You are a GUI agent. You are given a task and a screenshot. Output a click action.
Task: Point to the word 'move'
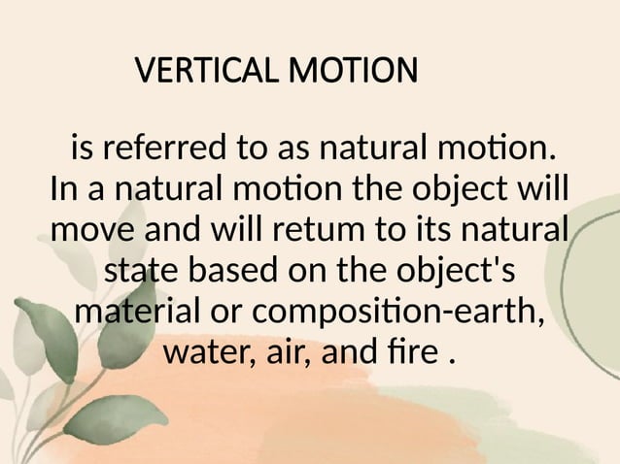tap(93, 231)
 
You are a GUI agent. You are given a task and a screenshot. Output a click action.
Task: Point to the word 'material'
tap(134, 314)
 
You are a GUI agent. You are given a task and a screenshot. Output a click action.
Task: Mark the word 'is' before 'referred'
tap(82, 150)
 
